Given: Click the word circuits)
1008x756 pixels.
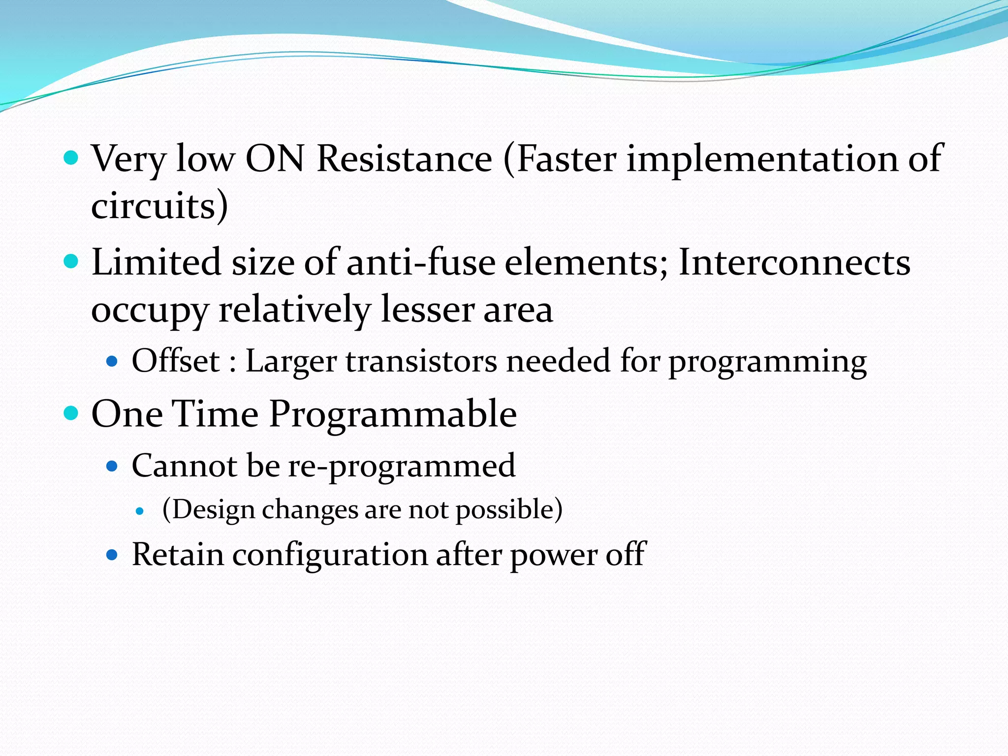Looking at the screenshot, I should coord(159,206).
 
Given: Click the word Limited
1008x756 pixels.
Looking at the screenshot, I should coord(156,262).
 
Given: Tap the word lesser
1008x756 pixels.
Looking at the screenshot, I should coord(427,310).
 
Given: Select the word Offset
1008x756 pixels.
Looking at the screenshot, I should coord(176,361).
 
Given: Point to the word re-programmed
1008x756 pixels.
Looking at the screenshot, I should coord(402,466).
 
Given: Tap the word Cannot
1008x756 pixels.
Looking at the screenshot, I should coord(185,466).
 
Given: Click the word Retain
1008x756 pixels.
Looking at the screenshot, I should coord(178,555).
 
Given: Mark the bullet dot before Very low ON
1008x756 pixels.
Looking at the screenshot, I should coord(71,158).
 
